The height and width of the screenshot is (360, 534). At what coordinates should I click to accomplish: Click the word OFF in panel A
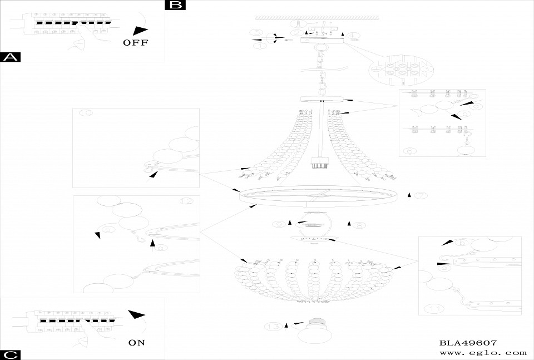136,43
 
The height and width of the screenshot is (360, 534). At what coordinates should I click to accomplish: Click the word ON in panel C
136,343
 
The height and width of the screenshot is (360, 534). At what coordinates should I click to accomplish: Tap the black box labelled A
11,57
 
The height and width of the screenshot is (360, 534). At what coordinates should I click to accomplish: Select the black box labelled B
176,5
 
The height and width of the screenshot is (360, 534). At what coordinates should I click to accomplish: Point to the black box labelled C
11,354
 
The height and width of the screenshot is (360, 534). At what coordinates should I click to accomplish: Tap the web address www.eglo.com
483,353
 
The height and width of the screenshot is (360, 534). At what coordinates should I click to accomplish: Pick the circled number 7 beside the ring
421,195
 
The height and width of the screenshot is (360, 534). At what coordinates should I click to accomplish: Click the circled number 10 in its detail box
86,113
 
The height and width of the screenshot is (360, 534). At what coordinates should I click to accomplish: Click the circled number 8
360,225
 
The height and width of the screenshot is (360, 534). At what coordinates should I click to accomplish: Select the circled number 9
279,224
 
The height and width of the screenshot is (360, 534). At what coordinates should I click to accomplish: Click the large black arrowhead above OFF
141,31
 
